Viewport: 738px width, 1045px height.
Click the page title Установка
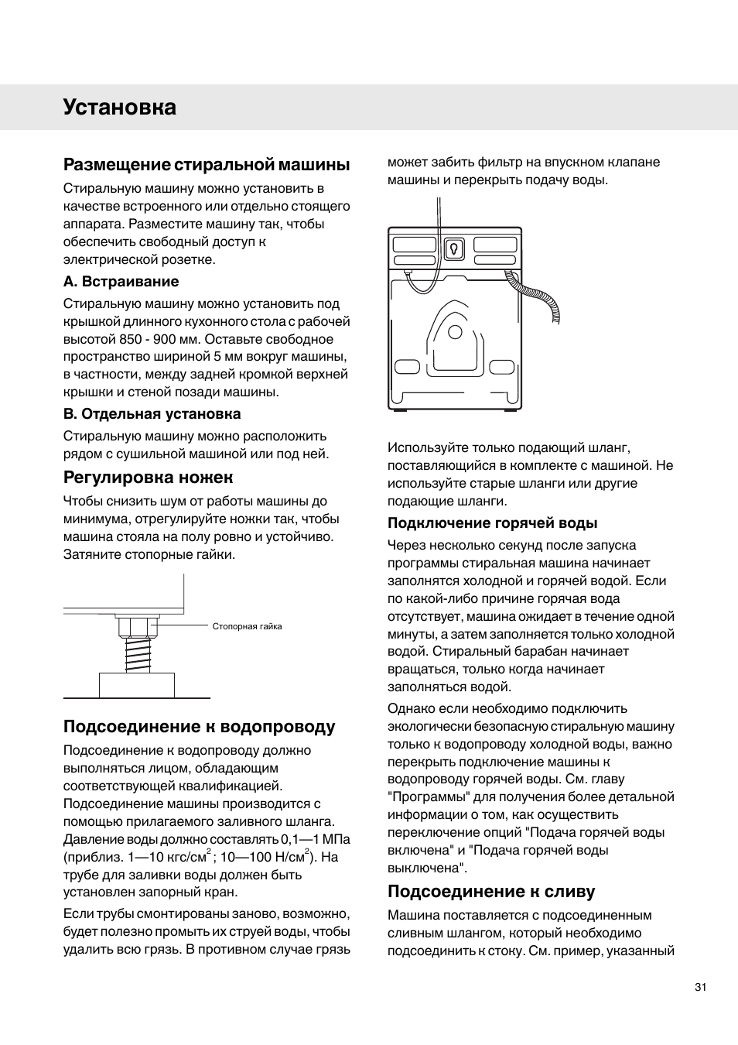119,107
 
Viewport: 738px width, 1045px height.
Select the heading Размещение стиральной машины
207,165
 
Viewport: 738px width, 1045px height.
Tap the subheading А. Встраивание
121,282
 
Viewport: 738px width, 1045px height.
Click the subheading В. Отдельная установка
152,414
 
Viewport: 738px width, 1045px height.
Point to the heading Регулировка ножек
148,477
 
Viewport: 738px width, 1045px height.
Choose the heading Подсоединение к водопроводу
199,727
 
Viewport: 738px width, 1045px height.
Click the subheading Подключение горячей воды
492,523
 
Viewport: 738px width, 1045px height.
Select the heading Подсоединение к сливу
491,892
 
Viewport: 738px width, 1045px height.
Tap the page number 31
701,987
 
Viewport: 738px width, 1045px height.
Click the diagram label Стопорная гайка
247,626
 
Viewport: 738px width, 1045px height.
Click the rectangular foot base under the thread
137,685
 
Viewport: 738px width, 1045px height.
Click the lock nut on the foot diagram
137,625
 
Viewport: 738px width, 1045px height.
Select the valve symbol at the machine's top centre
455,248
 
